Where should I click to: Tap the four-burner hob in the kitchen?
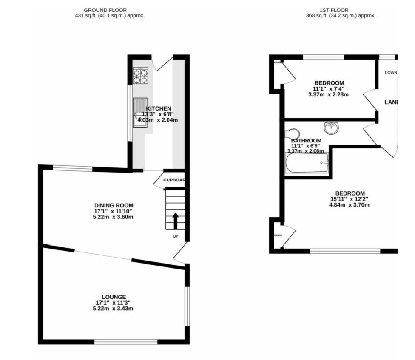click(x=140, y=76)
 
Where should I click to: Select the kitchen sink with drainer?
click(x=139, y=112)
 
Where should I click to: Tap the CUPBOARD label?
click(x=174, y=180)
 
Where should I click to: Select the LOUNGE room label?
click(x=114, y=297)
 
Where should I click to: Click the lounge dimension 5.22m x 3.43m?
click(x=113, y=308)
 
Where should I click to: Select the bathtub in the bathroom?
click(x=307, y=163)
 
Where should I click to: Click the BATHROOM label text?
click(x=306, y=141)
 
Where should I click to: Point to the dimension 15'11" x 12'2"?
click(x=350, y=199)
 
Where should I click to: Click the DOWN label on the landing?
click(x=391, y=73)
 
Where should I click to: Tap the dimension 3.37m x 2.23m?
click(x=328, y=94)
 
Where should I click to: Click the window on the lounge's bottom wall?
click(x=126, y=341)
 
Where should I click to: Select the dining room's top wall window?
click(x=72, y=169)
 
